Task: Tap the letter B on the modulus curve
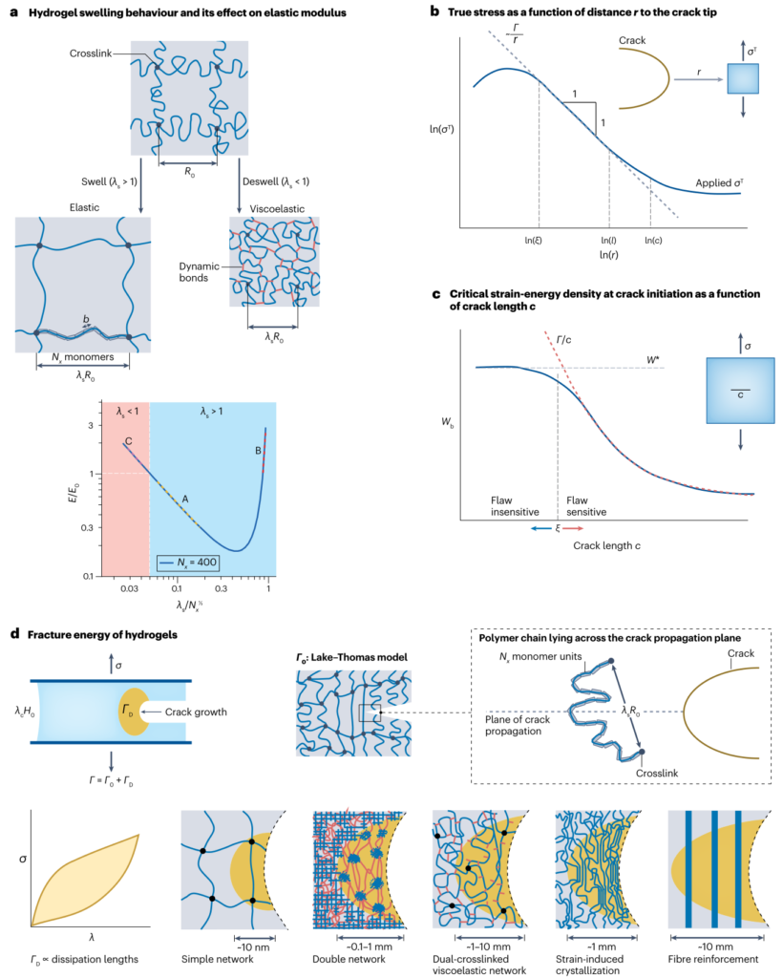pos(257,450)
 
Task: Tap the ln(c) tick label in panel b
pos(655,242)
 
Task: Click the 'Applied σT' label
pos(715,177)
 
